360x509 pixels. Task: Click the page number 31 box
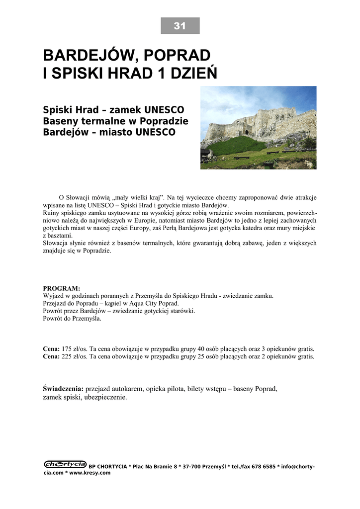(x=180, y=26)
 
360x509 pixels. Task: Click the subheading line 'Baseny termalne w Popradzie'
(x=116, y=121)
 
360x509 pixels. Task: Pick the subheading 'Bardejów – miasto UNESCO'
(x=109, y=133)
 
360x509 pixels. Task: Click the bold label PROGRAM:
(x=61, y=288)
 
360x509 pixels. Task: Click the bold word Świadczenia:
(x=64, y=389)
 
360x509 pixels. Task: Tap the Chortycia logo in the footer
(x=65, y=464)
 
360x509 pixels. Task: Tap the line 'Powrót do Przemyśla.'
(x=72, y=319)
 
